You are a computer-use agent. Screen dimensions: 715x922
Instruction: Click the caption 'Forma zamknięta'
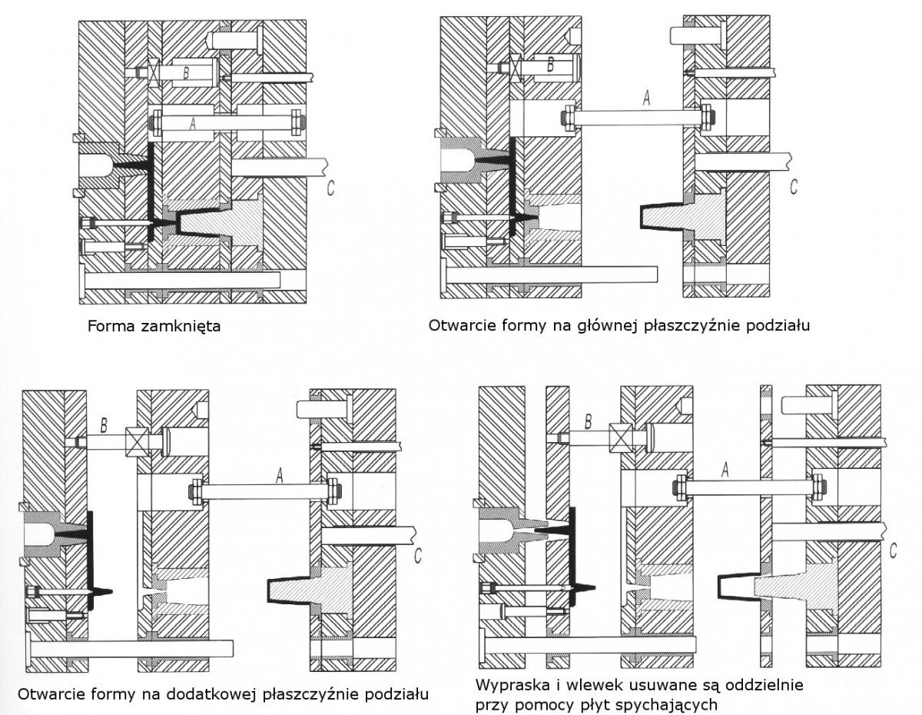coord(154,326)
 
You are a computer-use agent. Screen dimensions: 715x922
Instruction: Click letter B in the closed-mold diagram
coord(185,74)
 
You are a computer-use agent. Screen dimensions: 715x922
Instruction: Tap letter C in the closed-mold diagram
coord(330,187)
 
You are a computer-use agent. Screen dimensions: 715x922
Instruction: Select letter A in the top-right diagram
coord(645,98)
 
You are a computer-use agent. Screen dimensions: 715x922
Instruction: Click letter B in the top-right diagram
coord(550,65)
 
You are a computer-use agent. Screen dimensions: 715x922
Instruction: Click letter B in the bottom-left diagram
coord(104,424)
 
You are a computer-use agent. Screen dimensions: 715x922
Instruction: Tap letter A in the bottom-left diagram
coord(280,477)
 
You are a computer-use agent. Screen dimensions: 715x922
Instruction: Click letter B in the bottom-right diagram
coord(589,421)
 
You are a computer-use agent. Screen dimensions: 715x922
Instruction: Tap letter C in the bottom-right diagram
coord(893,550)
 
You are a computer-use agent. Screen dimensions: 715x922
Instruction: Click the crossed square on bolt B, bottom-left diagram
coord(137,441)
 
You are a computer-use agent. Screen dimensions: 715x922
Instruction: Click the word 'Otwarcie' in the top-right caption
coord(456,326)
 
